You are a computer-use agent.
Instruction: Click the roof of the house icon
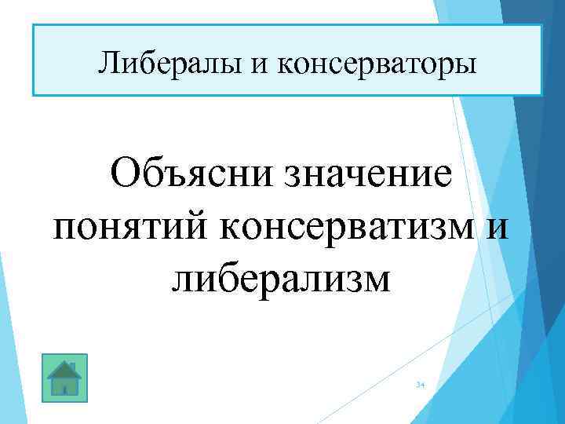64,367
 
